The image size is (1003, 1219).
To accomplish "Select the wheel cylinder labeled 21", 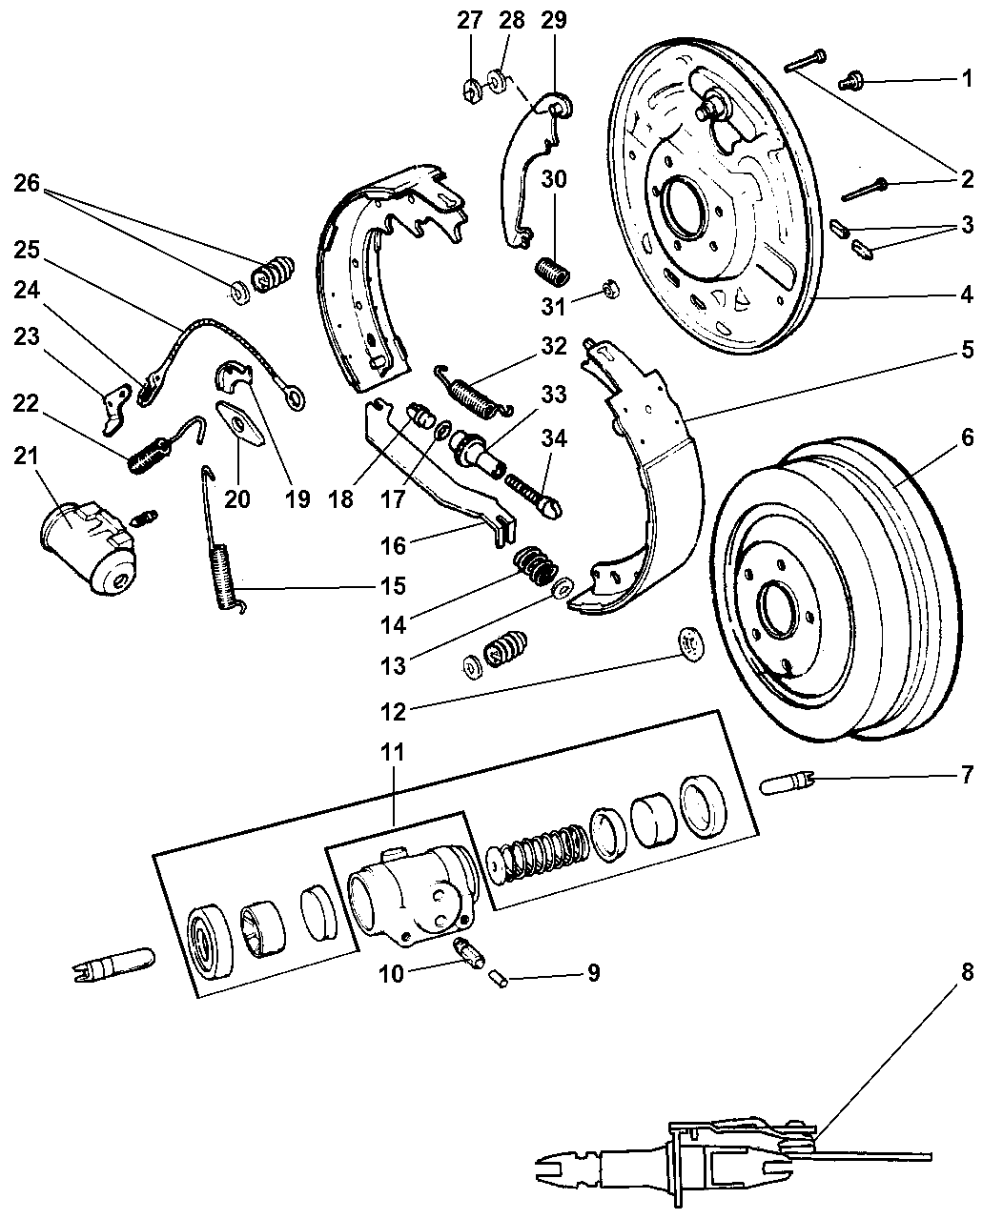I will coord(87,542).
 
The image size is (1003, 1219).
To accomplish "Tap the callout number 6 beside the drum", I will coord(967,438).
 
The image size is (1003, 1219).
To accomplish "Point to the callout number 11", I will coord(395,751).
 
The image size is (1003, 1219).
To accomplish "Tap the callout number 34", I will coord(554,437).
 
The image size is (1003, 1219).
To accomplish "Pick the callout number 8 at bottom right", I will coord(967,974).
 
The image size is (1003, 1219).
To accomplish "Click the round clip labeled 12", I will coord(687,645).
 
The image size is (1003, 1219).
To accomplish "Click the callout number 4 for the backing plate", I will coord(967,295).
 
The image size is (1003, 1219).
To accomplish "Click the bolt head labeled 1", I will coord(848,83).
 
